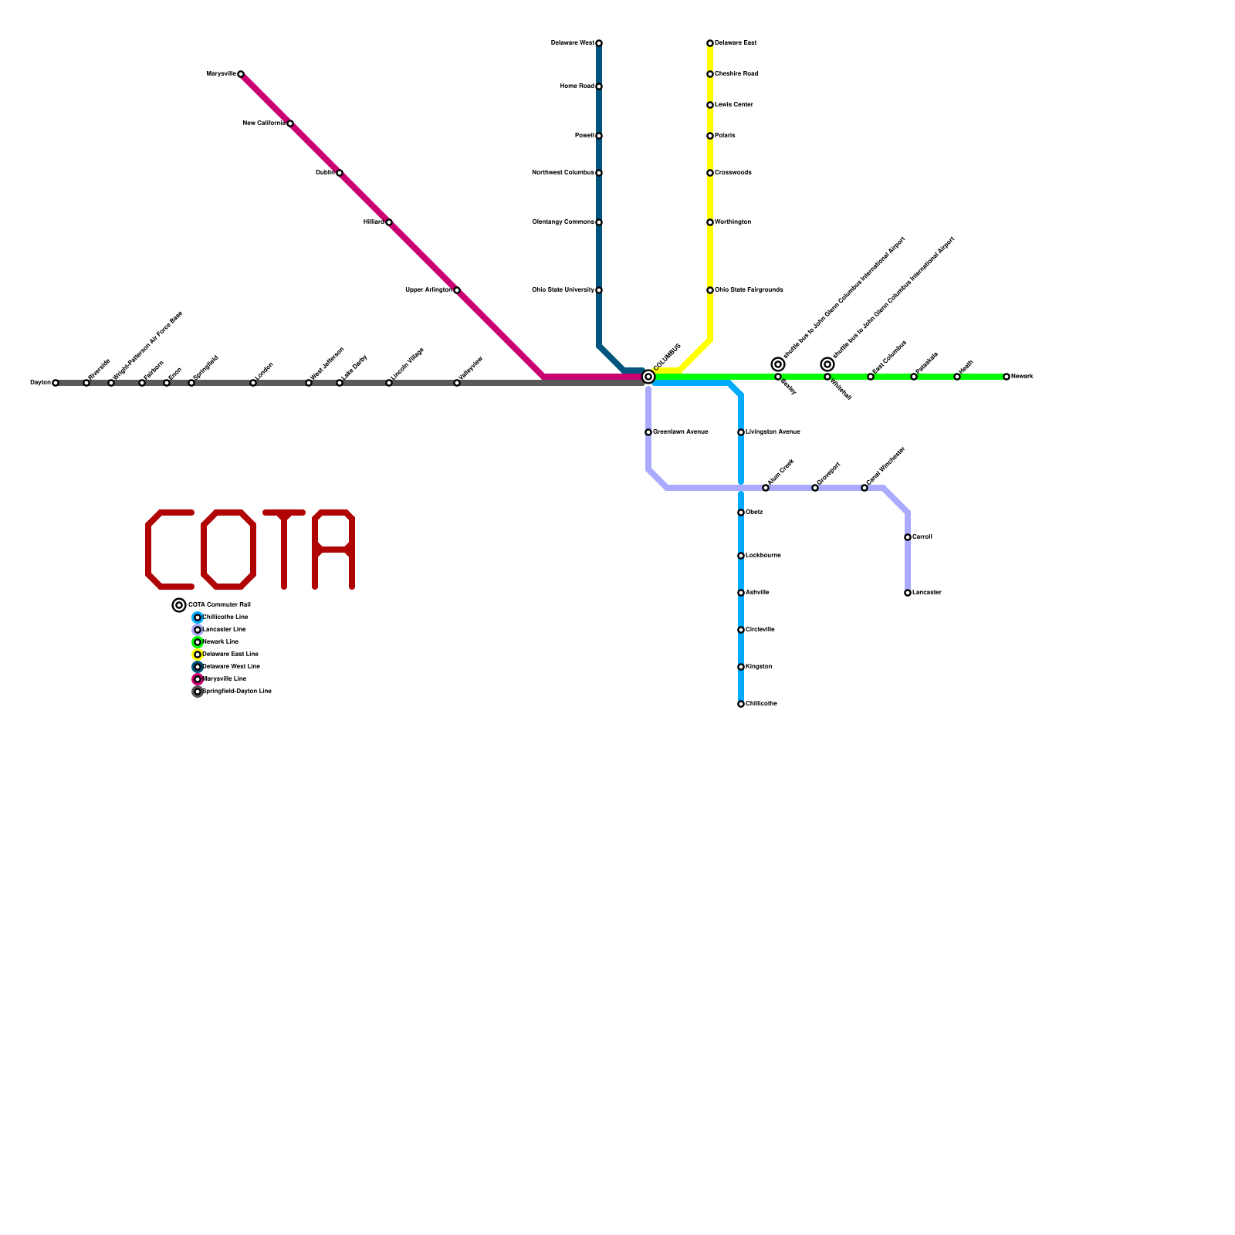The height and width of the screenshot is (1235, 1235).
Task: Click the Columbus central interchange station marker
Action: (648, 377)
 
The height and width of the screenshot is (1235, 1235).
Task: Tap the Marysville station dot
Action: (241, 74)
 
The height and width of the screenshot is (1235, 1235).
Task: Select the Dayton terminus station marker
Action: (56, 383)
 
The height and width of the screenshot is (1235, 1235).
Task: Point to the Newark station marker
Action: (1007, 377)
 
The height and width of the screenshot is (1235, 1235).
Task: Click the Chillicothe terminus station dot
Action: (741, 704)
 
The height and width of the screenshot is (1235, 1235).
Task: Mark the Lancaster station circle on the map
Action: (908, 593)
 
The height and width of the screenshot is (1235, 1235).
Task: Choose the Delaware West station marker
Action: (599, 43)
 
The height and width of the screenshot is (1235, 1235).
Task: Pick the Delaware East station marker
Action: (710, 43)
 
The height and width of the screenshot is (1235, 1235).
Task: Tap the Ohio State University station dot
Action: (599, 290)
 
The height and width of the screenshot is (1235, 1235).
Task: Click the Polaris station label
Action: (725, 136)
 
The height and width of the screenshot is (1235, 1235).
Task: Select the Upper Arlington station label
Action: (428, 290)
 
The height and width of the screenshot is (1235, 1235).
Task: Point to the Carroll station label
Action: (922, 537)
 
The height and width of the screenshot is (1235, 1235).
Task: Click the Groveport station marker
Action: (815, 488)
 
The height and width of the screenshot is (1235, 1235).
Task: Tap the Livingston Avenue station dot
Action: (741, 432)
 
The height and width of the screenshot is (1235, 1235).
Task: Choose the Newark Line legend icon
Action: (198, 642)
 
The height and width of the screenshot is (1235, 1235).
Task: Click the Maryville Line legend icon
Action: (198, 679)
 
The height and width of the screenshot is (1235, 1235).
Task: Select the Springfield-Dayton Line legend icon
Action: (198, 692)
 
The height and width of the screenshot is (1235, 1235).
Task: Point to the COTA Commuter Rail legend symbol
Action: (179, 605)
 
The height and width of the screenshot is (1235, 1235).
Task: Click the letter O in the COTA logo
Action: (228, 550)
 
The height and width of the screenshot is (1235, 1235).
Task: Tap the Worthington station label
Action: (733, 222)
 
